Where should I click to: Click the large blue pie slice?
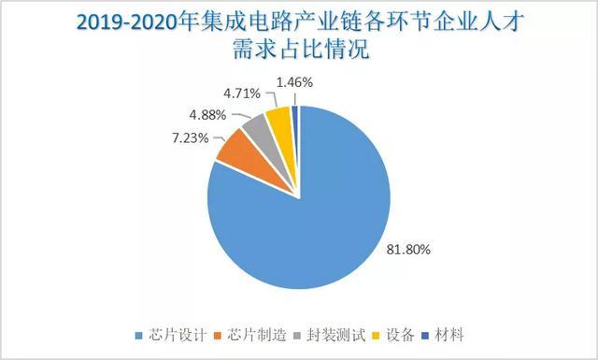308,224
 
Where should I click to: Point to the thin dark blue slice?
294,115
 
